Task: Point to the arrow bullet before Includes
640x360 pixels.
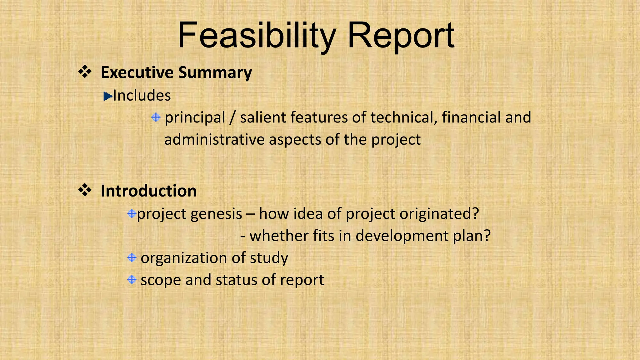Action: coord(108,96)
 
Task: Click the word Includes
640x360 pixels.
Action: coord(142,95)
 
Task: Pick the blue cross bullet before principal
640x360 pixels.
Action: coord(156,117)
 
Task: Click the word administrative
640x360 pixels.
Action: coord(214,139)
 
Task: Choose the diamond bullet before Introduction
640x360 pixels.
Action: coord(85,190)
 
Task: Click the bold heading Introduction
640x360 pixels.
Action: coord(148,191)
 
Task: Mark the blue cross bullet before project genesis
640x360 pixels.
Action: coord(132,214)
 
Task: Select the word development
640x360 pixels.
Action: coord(402,236)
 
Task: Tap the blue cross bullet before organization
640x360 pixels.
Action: coord(132,258)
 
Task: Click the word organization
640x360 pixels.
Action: coord(183,258)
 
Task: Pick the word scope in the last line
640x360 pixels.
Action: coord(160,280)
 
